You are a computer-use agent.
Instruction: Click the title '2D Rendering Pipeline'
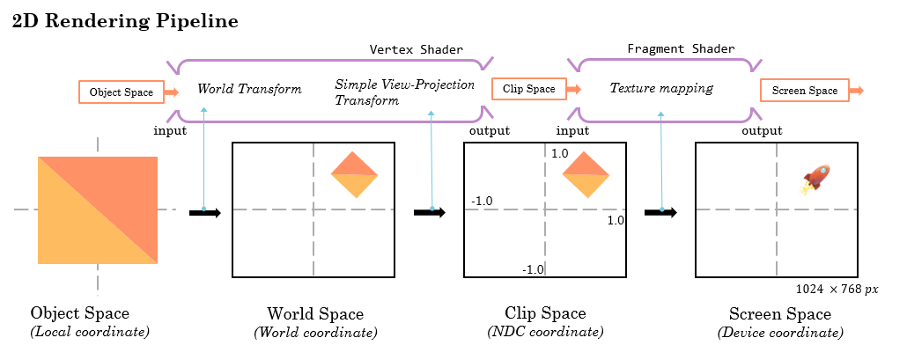pos(125,22)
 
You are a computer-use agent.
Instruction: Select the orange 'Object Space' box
pos(121,92)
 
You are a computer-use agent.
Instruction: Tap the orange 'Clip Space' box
pos(528,89)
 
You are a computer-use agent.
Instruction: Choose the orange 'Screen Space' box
pos(804,91)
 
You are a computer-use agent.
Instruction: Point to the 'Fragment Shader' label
pos(681,48)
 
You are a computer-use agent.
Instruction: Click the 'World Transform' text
pos(249,89)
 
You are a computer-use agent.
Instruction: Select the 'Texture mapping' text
pos(661,89)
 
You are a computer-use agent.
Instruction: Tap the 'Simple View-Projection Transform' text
pos(404,92)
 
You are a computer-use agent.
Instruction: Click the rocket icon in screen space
pos(815,179)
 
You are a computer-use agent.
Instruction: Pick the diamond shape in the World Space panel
pos(354,173)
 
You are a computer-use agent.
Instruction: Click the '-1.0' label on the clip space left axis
pos(482,201)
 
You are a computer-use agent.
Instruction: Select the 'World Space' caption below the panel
pos(315,314)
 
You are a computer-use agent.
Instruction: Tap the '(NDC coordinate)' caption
pos(545,332)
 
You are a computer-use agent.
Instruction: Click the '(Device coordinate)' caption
pos(780,332)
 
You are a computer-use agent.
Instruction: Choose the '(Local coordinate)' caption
pos(90,332)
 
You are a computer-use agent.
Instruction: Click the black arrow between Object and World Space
pos(204,211)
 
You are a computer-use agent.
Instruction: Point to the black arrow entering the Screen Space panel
pos(660,211)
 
